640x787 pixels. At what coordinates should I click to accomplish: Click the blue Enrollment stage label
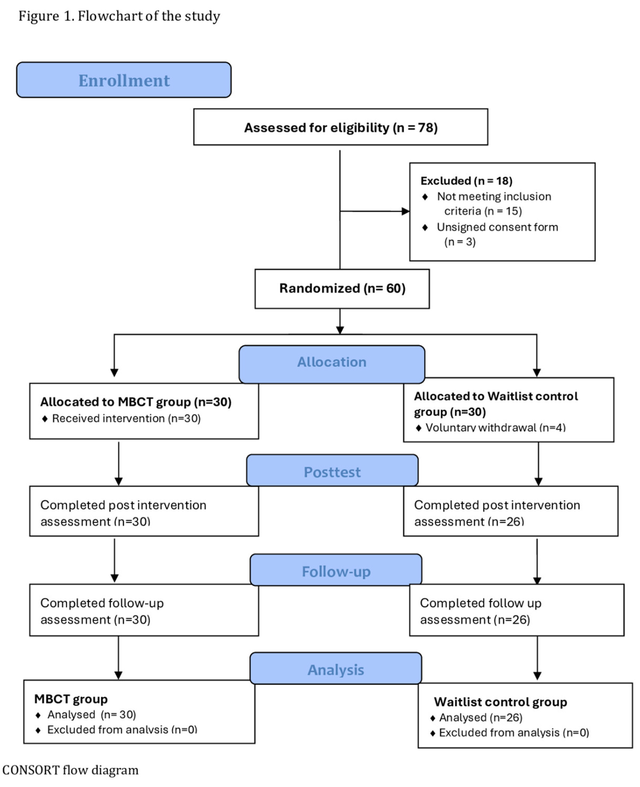(124, 80)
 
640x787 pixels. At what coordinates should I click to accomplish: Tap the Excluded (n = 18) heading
(466, 181)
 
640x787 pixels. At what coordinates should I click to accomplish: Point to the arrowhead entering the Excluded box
(406, 211)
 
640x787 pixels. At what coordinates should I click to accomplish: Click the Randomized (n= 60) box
(342, 288)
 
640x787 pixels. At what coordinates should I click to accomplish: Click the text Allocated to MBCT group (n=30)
(136, 402)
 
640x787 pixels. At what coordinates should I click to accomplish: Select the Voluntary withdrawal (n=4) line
(495, 427)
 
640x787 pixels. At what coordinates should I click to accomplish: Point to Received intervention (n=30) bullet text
(126, 418)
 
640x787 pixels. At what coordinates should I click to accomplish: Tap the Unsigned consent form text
(497, 227)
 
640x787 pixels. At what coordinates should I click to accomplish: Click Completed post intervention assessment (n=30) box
(144, 512)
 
